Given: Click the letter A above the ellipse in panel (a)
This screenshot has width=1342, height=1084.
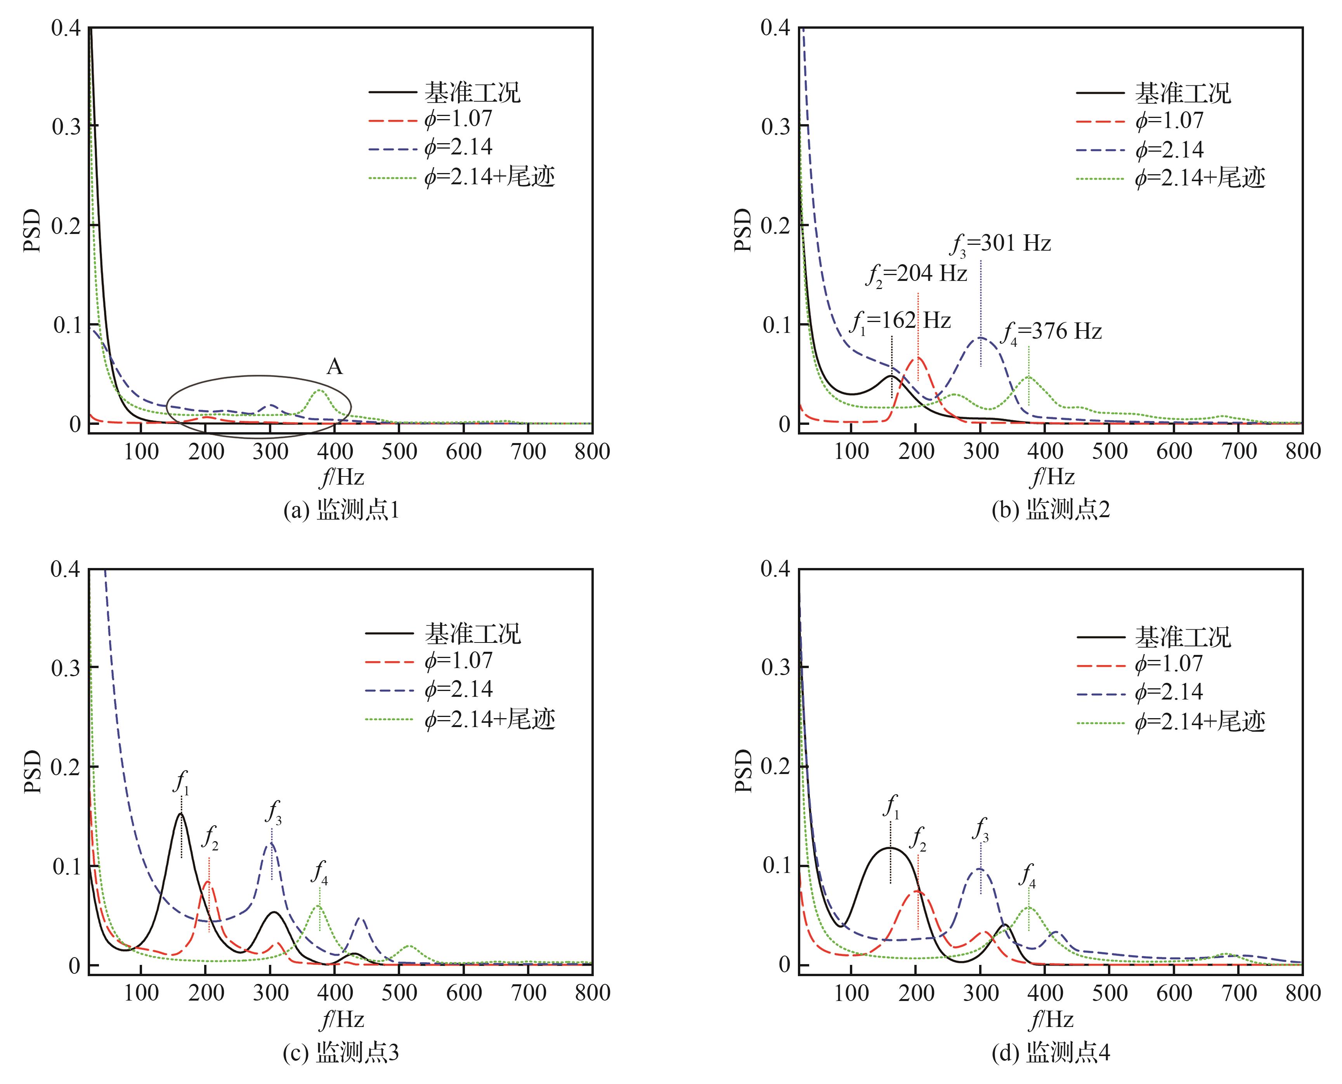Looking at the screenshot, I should coord(334,367).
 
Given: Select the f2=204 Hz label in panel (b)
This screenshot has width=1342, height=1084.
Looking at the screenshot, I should coord(916,274).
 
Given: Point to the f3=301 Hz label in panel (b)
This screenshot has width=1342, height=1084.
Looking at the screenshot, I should coord(1000,244).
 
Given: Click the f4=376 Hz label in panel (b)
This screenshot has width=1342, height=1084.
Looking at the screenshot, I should coord(1052,332).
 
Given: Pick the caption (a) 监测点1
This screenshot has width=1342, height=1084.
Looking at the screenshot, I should coord(341,510).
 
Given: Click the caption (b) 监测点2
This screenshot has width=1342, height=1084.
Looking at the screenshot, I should coord(1051,510).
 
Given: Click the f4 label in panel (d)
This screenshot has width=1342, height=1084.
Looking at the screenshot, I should coord(1027,875).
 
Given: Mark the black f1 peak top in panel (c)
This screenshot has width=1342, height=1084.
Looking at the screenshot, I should coord(181,814).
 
